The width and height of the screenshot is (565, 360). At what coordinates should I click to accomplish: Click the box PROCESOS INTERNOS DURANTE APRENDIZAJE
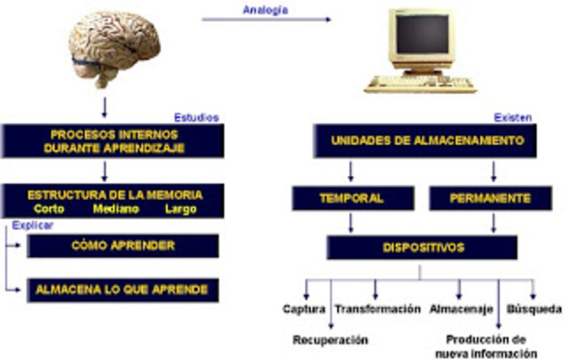[110, 141]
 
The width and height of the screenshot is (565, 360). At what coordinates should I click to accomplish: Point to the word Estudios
[197, 116]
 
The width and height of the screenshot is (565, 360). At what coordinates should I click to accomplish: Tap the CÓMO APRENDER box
[123, 245]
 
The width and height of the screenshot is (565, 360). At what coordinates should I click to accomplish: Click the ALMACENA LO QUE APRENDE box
[123, 289]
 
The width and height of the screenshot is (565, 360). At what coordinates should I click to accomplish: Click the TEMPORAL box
[351, 198]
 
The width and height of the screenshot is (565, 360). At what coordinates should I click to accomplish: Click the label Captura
[303, 310]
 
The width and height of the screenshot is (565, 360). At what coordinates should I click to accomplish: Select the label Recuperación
[330, 339]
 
